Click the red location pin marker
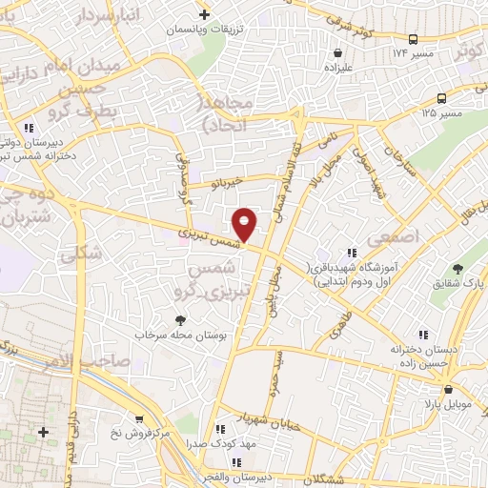pos(245,224)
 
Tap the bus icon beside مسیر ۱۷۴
pos(412,40)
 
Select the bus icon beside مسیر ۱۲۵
pos(441,98)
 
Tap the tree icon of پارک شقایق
pos(456,269)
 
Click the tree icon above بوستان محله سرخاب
pos(180,320)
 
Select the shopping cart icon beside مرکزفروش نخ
pos(140,418)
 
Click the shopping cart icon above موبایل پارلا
pos(448,388)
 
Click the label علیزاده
pos(338,69)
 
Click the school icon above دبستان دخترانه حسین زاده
pos(424,334)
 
